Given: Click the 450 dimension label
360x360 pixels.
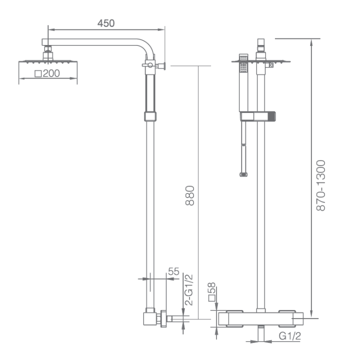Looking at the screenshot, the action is (x=106, y=23).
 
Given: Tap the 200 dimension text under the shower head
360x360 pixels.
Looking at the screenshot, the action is (x=51, y=73).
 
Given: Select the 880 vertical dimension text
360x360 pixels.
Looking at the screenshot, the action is (x=190, y=195).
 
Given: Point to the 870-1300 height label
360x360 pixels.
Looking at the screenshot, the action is (x=320, y=185).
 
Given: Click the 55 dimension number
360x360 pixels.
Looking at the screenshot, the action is (x=173, y=271).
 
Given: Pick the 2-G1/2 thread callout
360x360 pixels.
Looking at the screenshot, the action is (x=189, y=289).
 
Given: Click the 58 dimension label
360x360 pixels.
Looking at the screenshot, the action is (x=211, y=288).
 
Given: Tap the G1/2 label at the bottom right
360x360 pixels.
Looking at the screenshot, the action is (x=289, y=336).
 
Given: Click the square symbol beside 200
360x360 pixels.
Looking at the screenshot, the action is (x=38, y=73).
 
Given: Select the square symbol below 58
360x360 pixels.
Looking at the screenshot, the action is (x=211, y=298).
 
